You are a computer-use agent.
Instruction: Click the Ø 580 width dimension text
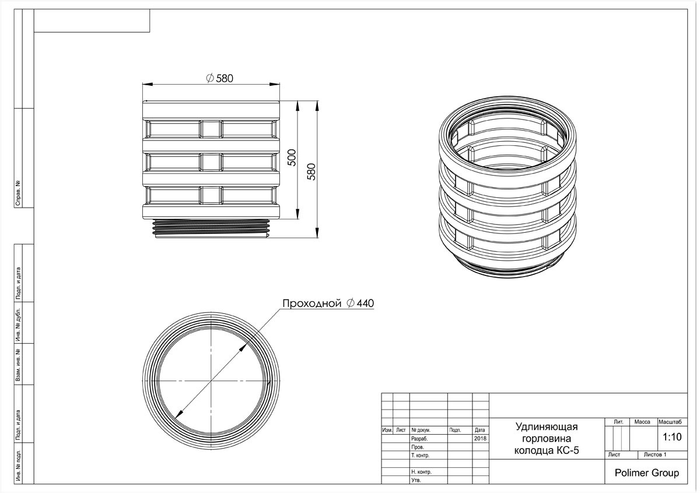point(220,78)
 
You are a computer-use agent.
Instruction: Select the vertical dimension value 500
point(292,158)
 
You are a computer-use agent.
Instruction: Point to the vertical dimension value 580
point(311,172)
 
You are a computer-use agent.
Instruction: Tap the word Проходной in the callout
point(311,303)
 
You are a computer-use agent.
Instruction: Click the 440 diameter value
point(365,303)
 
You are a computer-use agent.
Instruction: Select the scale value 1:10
point(672,437)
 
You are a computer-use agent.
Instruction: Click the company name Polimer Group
point(646,473)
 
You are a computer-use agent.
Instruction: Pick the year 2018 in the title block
point(480,438)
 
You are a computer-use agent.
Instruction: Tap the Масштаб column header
point(670,422)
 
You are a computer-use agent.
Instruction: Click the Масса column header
point(642,422)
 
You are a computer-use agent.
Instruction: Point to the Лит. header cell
point(618,422)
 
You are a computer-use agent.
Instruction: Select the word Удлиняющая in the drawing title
point(547,426)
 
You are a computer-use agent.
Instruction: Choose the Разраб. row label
point(419,439)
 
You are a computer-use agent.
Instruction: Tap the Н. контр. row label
point(421,472)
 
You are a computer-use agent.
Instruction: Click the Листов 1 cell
point(655,454)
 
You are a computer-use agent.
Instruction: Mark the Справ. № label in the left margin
point(18,193)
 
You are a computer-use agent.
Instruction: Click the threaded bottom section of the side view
point(211,228)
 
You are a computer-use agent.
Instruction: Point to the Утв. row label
point(416,480)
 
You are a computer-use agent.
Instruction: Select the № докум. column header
point(421,430)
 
